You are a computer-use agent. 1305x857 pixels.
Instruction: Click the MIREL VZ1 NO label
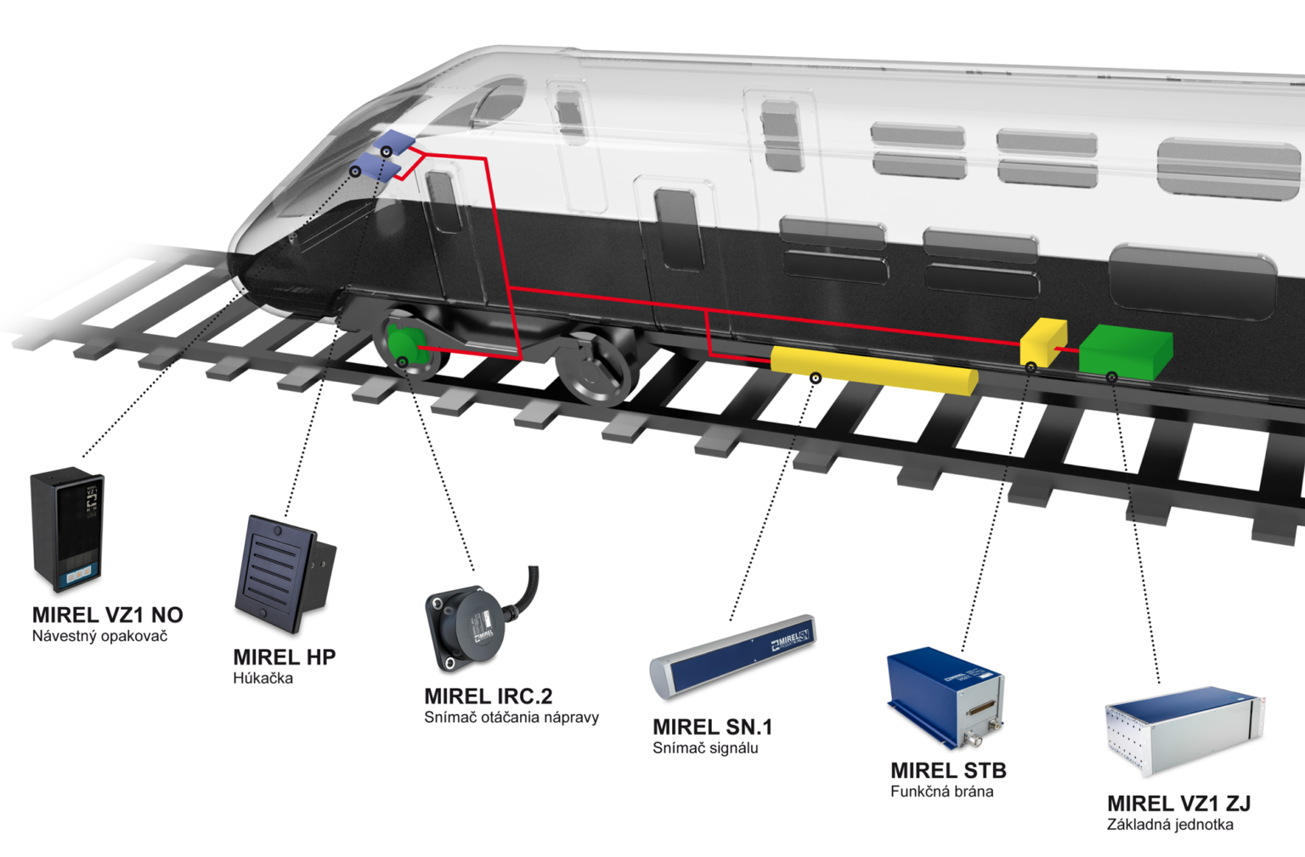108,615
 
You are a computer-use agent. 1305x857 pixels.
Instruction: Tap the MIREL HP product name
285,657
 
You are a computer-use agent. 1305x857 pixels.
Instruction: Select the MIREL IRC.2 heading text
489,696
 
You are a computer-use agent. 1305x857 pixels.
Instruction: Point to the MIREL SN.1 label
713,727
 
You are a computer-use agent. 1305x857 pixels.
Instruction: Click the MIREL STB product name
948,771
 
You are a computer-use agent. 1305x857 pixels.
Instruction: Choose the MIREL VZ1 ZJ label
1179,803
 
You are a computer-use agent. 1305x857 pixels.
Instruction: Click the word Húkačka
263,678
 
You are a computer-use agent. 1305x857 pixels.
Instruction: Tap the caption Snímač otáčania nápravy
511,717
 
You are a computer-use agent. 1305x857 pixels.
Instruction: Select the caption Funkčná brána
942,792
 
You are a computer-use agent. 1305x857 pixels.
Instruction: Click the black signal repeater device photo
68,530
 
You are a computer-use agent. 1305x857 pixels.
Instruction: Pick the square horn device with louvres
285,574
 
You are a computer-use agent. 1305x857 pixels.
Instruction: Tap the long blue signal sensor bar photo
733,656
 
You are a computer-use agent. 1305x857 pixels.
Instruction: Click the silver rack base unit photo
1185,731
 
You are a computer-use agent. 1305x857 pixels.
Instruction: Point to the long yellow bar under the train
874,371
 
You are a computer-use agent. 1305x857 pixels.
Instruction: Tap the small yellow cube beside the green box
1043,343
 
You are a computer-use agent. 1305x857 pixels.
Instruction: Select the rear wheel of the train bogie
593,368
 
